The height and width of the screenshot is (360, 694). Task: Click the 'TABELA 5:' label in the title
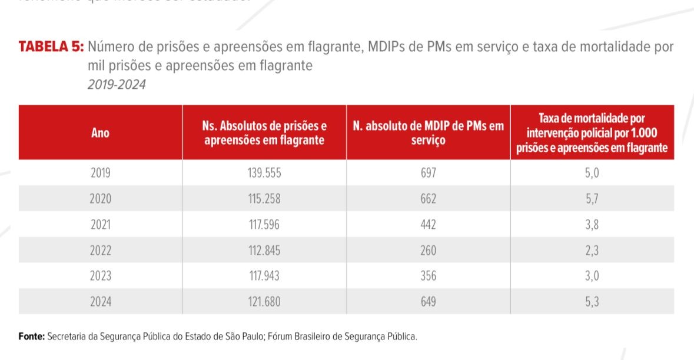coord(52,48)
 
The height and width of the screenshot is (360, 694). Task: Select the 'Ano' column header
coord(101,133)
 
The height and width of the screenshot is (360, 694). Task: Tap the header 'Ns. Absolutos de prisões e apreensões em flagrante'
coord(264,133)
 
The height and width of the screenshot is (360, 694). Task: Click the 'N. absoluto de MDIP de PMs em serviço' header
coord(428,133)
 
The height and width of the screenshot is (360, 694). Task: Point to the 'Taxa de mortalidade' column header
coord(592,133)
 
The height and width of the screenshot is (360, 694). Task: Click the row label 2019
coord(101,173)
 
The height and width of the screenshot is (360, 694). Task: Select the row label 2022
coord(101,251)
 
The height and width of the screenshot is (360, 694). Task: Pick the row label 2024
coord(101,302)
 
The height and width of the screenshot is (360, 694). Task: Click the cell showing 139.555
coord(264,173)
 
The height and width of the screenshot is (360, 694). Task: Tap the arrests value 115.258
coord(264,199)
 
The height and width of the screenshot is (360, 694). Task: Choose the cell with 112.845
coord(264,251)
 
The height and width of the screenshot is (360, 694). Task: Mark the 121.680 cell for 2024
coord(264,302)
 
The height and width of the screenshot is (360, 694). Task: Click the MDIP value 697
coord(428,173)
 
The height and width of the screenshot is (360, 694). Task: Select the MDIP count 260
coord(428,251)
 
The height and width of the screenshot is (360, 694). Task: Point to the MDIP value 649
coord(428,302)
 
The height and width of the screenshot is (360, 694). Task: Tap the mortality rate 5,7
coord(592,199)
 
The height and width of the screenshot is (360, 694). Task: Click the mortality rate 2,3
coord(592,251)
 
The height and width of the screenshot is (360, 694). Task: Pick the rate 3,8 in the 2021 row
coord(592,225)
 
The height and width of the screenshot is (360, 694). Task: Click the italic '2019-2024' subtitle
coord(117,85)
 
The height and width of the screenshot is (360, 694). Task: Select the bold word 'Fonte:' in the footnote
coord(32,336)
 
